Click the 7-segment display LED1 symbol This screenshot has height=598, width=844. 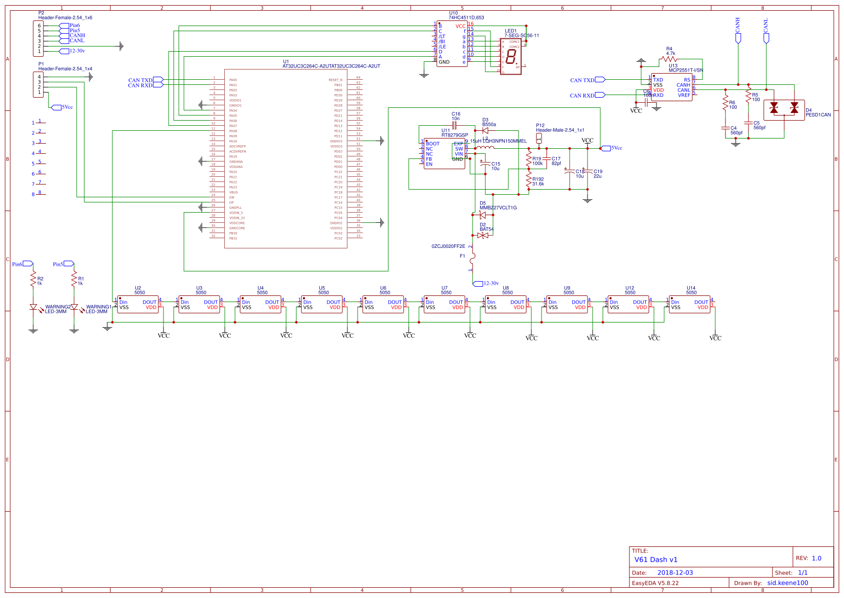pyautogui.click(x=511, y=57)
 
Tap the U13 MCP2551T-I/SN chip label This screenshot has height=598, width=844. pyautogui.click(x=685, y=70)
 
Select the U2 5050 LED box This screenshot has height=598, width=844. pyautogui.click(x=138, y=305)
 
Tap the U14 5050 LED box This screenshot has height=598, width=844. pyautogui.click(x=690, y=305)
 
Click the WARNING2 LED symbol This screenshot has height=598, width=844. pyautogui.click(x=34, y=307)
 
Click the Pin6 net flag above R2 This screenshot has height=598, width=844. pyautogui.click(x=28, y=264)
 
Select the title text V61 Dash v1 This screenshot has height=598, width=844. pyautogui.click(x=655, y=560)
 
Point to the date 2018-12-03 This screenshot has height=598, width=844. pyautogui.click(x=675, y=573)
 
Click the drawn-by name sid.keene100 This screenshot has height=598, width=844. pyautogui.click(x=787, y=583)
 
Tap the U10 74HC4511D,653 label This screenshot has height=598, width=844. pyautogui.click(x=465, y=17)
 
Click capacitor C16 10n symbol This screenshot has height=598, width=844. pyautogui.click(x=455, y=125)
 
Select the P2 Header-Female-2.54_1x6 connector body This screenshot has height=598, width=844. pyautogui.click(x=38, y=38)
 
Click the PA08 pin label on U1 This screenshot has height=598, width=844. pyautogui.click(x=233, y=131)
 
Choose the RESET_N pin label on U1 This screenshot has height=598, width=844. pyautogui.click(x=336, y=80)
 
